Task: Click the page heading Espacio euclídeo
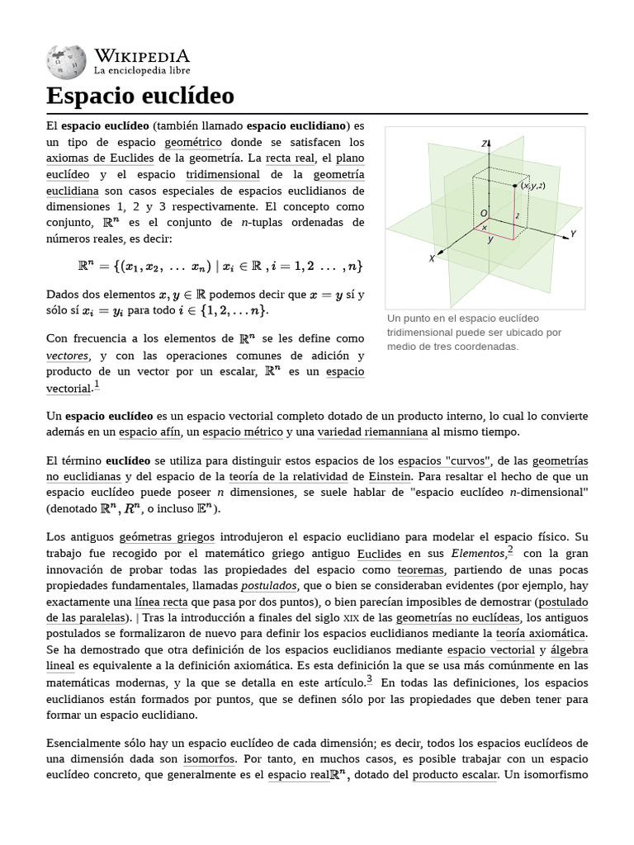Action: (140, 96)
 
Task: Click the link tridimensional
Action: (223, 174)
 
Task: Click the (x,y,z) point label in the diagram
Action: (532, 186)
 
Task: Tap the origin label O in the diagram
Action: (484, 214)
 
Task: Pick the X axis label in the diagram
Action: (431, 258)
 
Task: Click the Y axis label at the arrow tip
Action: (573, 234)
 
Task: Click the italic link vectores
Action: (67, 356)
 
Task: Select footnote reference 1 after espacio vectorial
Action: (97, 385)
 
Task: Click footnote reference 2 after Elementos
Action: (511, 550)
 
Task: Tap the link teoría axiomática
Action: (541, 633)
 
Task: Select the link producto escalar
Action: (455, 775)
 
